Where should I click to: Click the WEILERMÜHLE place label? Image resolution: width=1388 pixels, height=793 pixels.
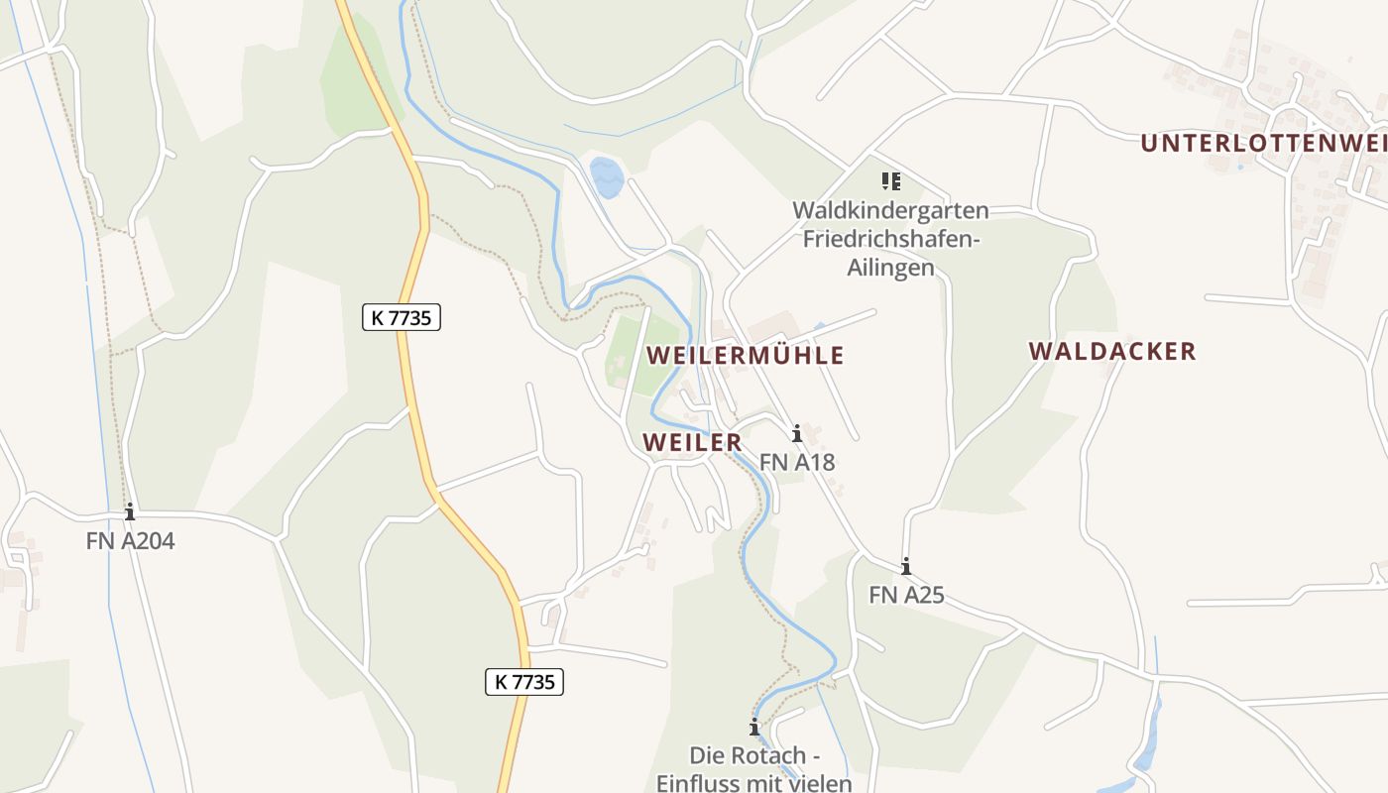(x=745, y=355)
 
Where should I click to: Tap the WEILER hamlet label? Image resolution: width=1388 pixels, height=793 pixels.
(x=692, y=442)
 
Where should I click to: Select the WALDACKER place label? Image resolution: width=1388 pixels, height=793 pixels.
(x=1111, y=351)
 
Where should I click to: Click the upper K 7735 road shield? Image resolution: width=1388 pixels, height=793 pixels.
(x=401, y=317)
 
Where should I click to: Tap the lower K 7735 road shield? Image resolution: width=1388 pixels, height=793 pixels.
(x=524, y=682)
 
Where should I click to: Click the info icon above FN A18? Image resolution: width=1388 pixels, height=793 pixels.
(x=796, y=433)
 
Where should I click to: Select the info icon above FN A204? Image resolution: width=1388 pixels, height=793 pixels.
(x=129, y=512)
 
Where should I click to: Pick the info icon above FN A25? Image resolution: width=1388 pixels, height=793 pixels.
(x=905, y=567)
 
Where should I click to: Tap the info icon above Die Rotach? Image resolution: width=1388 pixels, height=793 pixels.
(x=753, y=728)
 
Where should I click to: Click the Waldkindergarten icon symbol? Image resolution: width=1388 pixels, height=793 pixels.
(x=891, y=181)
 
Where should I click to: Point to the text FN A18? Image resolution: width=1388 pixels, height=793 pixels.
(x=797, y=462)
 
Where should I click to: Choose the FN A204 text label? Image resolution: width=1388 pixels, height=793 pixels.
(x=130, y=541)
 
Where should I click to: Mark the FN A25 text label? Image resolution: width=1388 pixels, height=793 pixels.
(x=906, y=595)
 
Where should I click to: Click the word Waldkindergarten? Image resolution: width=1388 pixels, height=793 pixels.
(x=890, y=210)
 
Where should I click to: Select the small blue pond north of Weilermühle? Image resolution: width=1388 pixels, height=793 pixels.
(x=606, y=177)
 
